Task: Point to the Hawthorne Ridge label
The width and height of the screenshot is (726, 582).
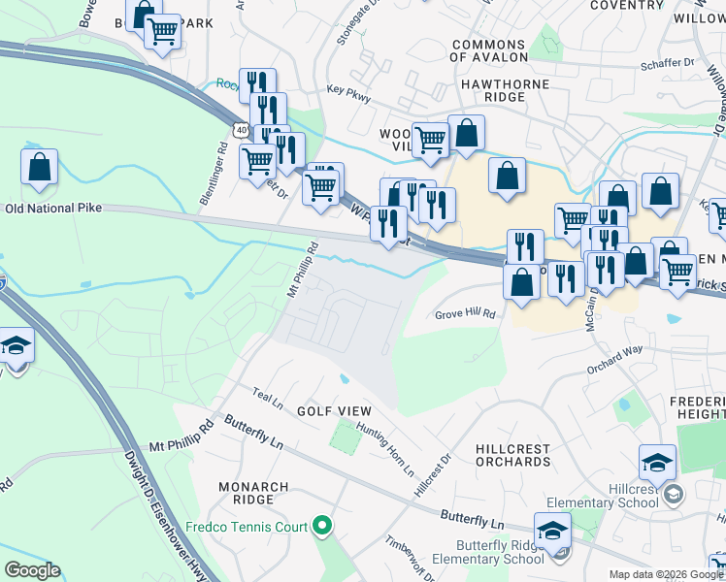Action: point(505,84)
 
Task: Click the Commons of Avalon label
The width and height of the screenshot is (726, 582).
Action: point(489,50)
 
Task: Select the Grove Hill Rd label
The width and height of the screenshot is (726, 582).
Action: point(465,314)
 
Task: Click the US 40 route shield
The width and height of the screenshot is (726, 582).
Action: point(241,128)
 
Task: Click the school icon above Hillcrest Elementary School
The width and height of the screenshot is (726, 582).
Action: point(657,463)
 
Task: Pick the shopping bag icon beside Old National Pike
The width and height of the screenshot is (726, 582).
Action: point(39,167)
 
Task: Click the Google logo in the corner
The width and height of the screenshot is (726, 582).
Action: point(32,570)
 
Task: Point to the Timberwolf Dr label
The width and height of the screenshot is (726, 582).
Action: point(407,557)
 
